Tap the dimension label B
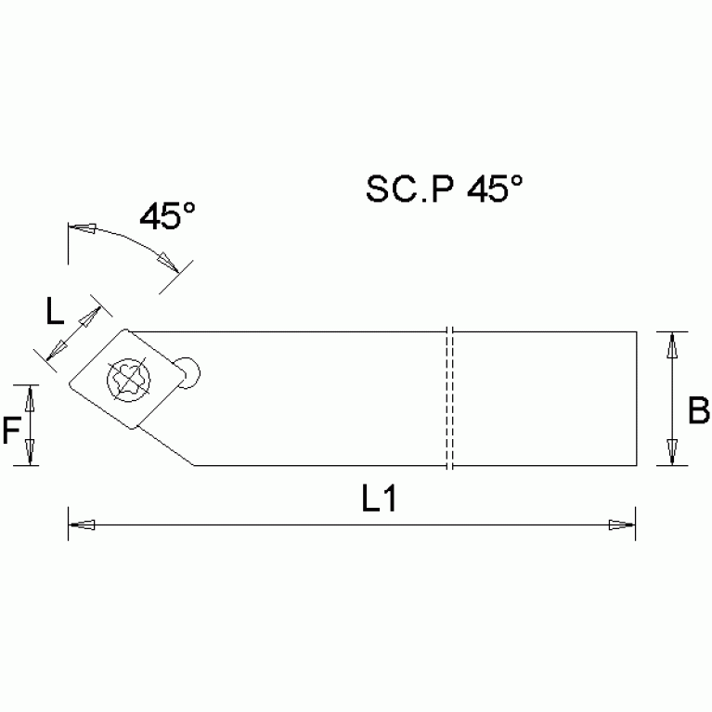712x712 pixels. pyautogui.click(x=698, y=409)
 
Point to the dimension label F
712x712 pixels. pyautogui.click(x=11, y=430)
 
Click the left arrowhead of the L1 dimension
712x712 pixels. pyautogui.click(x=82, y=526)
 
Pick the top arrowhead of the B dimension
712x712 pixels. pyautogui.click(x=673, y=344)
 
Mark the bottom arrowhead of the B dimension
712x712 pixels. pyautogui.click(x=673, y=452)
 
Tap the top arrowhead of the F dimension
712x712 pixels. pyautogui.click(x=30, y=396)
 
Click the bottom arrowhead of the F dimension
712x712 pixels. pyautogui.click(x=30, y=453)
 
